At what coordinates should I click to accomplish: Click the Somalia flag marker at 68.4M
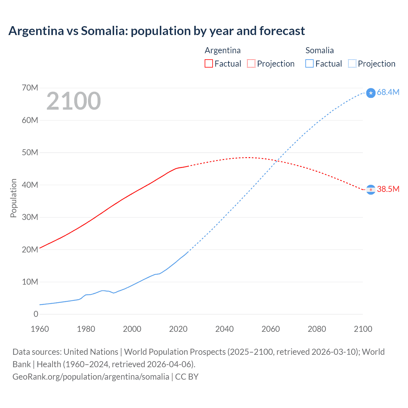(371, 93)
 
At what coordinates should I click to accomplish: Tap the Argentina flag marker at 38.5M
(371, 190)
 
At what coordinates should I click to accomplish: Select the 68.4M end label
(388, 92)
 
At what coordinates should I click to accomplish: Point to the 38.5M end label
(388, 189)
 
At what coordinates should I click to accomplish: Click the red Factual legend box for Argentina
(209, 63)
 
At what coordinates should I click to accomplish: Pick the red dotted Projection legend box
(251, 63)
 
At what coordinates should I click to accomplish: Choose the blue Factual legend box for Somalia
(310, 63)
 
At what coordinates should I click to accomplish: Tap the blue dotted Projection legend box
(352, 63)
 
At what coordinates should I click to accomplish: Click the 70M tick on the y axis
(30, 88)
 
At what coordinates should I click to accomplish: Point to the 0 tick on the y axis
(36, 314)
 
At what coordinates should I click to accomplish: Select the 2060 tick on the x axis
(271, 329)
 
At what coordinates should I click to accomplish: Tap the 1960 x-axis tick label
(40, 329)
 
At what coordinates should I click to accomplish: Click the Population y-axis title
(13, 198)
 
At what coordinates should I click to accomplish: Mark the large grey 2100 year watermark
(74, 101)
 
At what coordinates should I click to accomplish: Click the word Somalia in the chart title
(104, 31)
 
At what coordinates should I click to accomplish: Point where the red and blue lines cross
(277, 160)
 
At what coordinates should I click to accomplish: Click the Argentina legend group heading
(222, 50)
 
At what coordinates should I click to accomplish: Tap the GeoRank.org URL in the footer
(91, 376)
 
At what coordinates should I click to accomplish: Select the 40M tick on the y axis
(30, 185)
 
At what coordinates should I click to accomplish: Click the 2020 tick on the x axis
(178, 329)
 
